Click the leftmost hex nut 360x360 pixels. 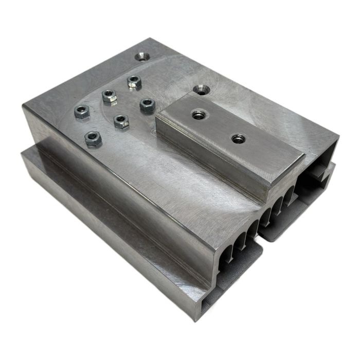[82, 112]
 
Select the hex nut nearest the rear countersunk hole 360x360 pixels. [134, 81]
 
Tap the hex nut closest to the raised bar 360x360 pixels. [147, 104]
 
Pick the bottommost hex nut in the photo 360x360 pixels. [93, 138]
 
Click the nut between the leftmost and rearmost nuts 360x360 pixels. [110, 96]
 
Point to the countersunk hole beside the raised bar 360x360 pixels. [201, 89]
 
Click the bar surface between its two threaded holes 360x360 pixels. [218, 126]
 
